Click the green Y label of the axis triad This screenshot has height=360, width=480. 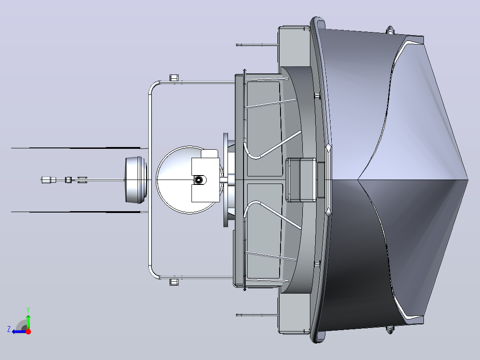[28, 310]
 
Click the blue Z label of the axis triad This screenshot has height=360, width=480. [9, 329]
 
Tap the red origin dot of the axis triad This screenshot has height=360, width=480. [28, 331]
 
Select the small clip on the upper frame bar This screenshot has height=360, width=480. [174, 78]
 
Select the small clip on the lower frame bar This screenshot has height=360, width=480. [174, 282]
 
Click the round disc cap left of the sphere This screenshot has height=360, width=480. [136, 180]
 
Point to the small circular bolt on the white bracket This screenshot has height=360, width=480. [199, 180]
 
